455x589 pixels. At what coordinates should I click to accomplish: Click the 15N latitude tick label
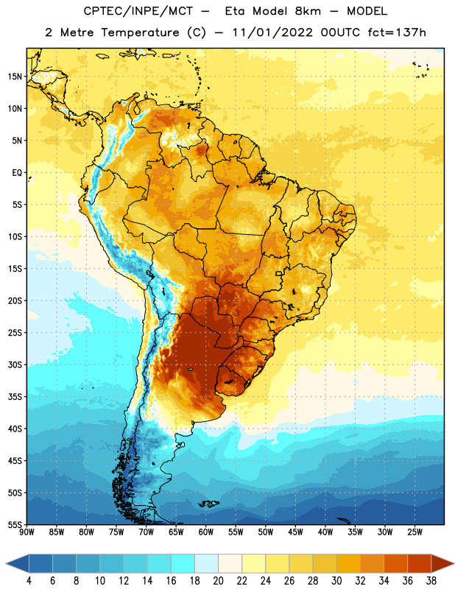click(15, 77)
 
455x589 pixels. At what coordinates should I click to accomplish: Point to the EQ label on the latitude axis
click(17, 173)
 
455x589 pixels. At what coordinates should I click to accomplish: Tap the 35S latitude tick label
click(15, 397)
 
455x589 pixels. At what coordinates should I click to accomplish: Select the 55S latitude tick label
click(15, 524)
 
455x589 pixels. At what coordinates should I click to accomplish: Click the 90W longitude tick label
click(27, 532)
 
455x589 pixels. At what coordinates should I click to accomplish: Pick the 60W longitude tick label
click(206, 532)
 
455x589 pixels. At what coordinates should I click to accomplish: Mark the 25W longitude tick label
click(415, 532)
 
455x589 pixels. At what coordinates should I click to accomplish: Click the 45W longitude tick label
click(295, 532)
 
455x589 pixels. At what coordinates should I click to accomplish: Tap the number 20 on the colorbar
click(218, 581)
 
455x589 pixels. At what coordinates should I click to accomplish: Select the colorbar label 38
click(431, 581)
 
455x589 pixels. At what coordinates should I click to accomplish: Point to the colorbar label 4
click(29, 581)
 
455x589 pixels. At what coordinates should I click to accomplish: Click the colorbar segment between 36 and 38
click(420, 563)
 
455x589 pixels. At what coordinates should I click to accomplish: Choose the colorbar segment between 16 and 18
click(183, 563)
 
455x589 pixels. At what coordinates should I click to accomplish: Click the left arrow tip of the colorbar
click(6, 563)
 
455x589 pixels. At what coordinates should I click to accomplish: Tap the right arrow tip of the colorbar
click(454, 563)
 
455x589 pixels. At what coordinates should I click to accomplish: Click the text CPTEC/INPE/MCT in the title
click(138, 11)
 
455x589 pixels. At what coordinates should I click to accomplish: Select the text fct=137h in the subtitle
click(397, 32)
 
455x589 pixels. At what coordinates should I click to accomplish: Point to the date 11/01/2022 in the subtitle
click(272, 32)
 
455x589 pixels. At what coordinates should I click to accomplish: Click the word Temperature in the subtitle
click(140, 32)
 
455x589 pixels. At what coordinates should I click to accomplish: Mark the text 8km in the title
click(308, 11)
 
